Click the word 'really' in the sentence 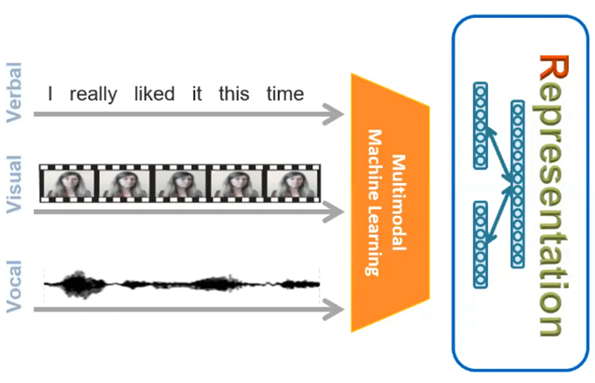tap(94, 94)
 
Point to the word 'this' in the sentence tap(234, 94)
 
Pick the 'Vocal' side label tap(15, 291)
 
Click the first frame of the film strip tap(67, 185)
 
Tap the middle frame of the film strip tap(179, 185)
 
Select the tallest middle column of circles tap(516, 184)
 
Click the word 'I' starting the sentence tap(50, 94)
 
